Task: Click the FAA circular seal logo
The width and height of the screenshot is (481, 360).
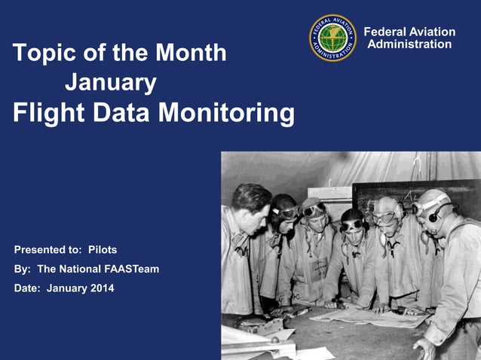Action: pos(332,38)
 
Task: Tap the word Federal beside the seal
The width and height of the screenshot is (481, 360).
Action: pos(387,32)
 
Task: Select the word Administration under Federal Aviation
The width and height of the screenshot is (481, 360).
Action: pos(409,44)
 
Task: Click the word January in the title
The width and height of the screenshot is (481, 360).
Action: pos(111,81)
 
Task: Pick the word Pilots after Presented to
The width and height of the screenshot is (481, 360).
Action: pos(103,249)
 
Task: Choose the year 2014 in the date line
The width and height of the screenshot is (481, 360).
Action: pos(101,288)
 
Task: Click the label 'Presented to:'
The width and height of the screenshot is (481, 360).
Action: pos(48,249)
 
